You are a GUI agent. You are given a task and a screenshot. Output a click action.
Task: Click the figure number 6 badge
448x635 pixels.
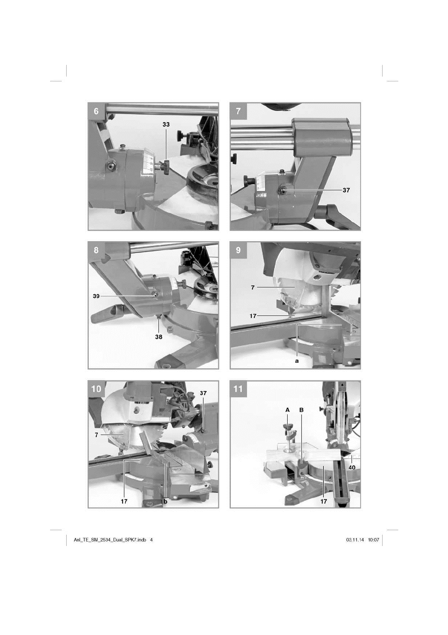(96, 111)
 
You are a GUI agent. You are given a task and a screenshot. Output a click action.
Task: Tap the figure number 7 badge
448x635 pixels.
(238, 111)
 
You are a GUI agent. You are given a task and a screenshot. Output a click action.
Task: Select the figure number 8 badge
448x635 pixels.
(96, 250)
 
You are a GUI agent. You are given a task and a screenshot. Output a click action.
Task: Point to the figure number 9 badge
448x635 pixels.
(238, 250)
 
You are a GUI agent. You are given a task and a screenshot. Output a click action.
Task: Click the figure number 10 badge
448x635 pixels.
(96, 389)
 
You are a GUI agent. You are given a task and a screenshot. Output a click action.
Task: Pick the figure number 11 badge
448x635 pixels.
(238, 389)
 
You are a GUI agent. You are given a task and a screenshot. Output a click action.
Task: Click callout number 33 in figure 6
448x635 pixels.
(166, 124)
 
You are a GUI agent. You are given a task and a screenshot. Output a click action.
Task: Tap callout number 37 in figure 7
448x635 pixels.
(346, 190)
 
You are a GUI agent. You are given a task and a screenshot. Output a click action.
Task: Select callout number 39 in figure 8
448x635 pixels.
(96, 296)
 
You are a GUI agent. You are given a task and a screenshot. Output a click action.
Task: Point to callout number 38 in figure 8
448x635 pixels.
(159, 337)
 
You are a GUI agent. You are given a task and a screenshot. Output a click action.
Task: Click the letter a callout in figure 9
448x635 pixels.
(297, 361)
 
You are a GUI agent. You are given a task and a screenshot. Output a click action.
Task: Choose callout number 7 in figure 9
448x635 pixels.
(253, 287)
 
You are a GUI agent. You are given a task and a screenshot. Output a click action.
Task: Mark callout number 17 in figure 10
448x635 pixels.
(124, 502)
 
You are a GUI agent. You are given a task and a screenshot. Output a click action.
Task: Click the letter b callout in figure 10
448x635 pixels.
(166, 501)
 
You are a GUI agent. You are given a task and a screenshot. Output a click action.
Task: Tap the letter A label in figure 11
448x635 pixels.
(288, 410)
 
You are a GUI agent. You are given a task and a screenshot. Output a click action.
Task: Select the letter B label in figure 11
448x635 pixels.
(302, 410)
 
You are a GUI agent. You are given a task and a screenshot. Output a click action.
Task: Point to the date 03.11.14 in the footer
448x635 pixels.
(355, 540)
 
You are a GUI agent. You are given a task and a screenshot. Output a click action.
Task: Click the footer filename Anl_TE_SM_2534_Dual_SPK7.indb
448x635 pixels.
(110, 540)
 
